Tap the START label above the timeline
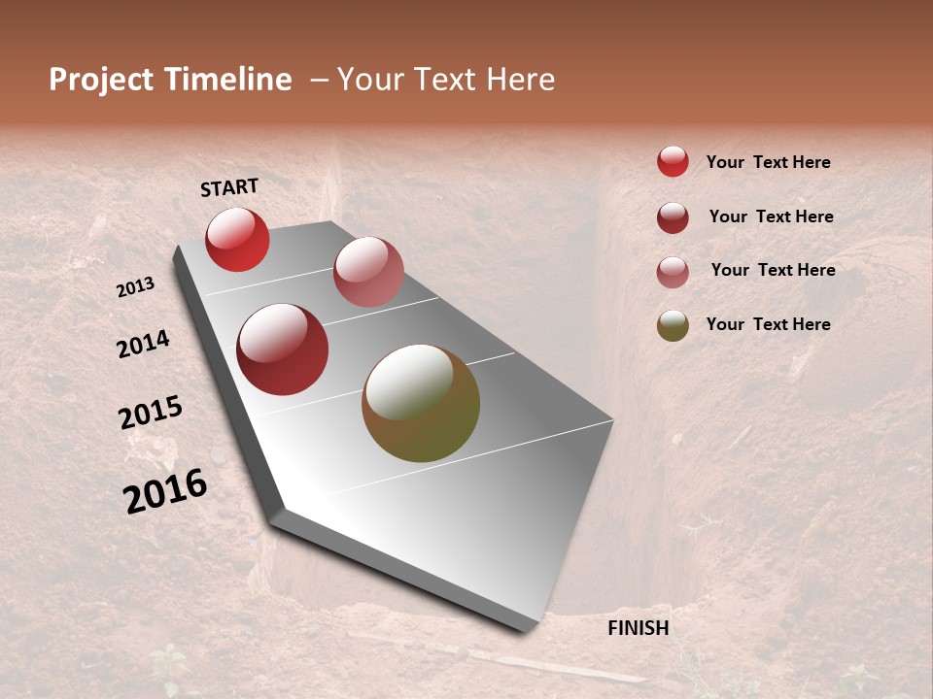pos(229,187)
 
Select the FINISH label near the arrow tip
pos(639,628)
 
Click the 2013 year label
pos(136,287)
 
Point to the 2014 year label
pos(144,344)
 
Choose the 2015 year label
pos(151,413)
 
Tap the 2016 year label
pos(165,491)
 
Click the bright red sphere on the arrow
pos(237,239)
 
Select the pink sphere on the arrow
pos(368,272)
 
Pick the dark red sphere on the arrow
pos(283,349)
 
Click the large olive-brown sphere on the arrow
pos(421,403)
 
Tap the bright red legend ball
pos(673,161)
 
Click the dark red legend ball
pos(673,217)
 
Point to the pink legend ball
pos(673,272)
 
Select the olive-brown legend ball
pos(673,326)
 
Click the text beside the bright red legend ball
pos(768,163)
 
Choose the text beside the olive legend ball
pos(768,324)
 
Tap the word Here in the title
pos(520,80)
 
